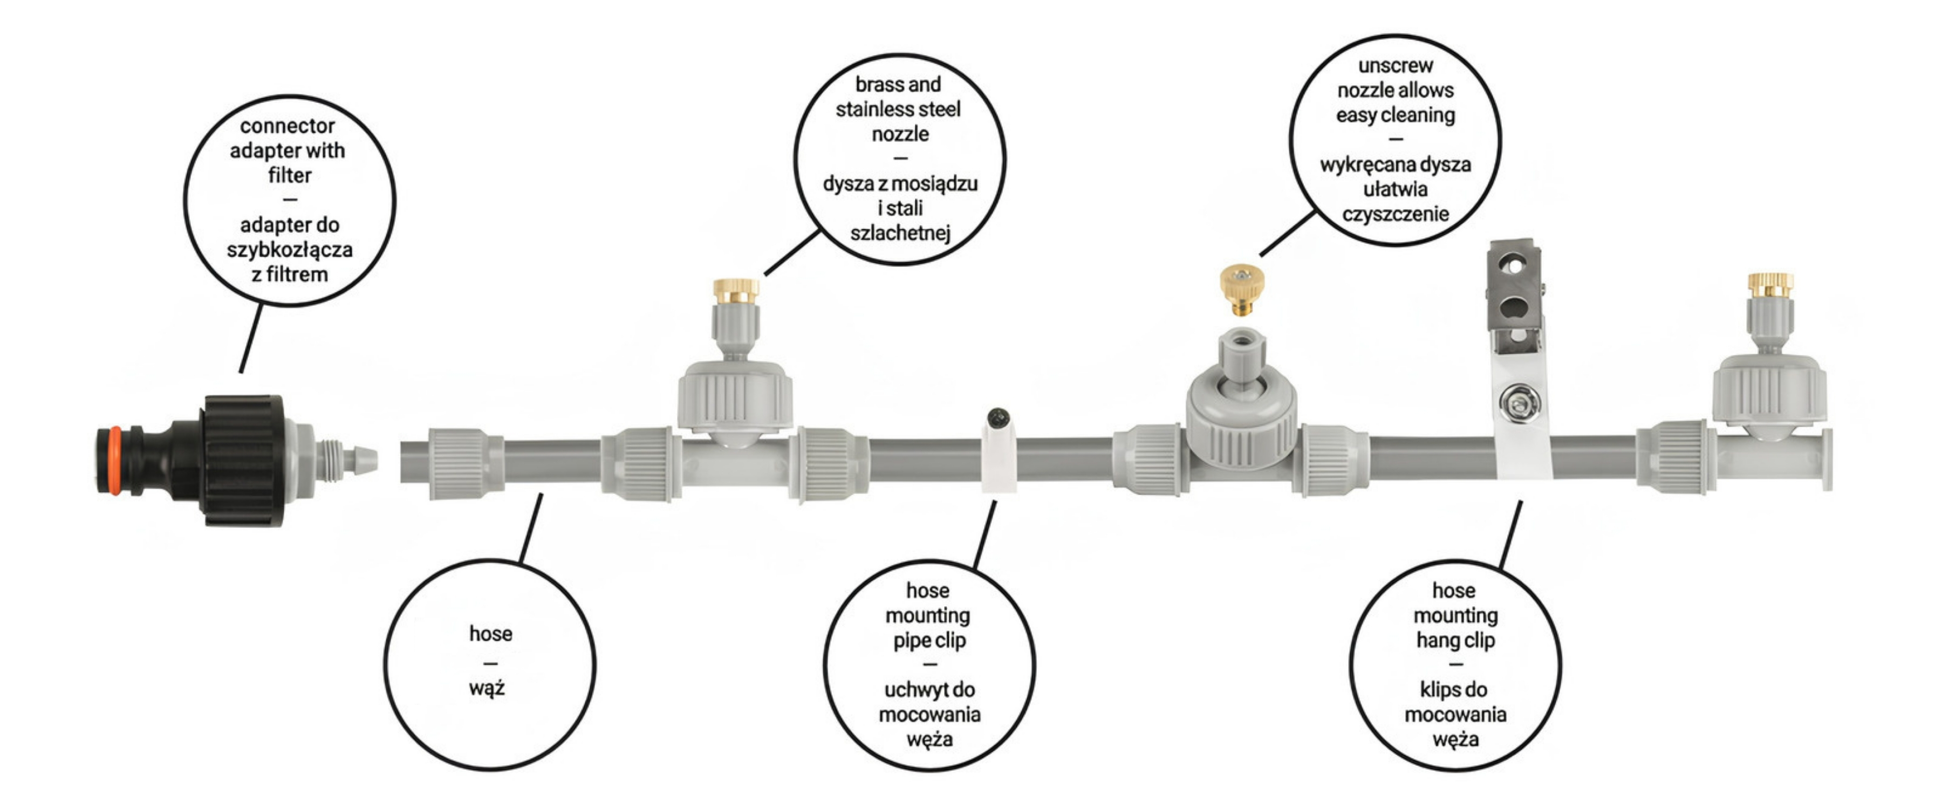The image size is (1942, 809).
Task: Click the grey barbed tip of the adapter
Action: [x=365, y=460]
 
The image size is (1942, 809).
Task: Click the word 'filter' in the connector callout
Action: [x=290, y=175]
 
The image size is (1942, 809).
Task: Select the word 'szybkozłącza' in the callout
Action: [x=290, y=250]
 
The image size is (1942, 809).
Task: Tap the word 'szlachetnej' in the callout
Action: [x=900, y=233]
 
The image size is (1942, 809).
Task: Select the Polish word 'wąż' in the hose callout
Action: [x=487, y=688]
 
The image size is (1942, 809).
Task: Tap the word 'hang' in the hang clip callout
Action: [x=1434, y=641]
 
